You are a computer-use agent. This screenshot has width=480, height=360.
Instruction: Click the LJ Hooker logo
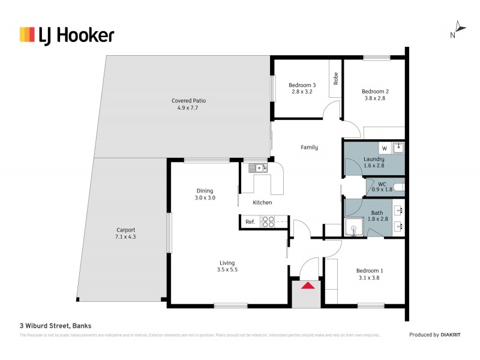67,35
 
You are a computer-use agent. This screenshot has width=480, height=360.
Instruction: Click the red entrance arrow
308,286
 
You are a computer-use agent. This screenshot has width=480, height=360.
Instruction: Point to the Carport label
125,233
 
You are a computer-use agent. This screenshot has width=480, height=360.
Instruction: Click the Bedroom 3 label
302,88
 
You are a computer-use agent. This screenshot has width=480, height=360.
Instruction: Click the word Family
309,147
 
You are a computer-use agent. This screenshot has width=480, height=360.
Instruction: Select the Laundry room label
373,163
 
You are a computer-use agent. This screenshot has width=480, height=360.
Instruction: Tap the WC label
382,186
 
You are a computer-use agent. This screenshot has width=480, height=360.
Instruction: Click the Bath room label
377,216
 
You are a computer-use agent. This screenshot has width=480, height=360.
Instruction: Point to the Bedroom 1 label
370,274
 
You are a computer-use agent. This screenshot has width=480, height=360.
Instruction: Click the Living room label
227,266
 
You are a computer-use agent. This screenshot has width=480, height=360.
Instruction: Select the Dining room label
205,194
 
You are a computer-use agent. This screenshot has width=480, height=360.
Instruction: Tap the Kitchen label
262,203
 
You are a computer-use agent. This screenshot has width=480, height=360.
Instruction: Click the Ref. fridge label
250,222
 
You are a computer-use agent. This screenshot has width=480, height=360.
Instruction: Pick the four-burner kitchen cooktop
268,222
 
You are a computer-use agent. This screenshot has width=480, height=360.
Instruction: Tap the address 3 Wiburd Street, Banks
55,326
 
